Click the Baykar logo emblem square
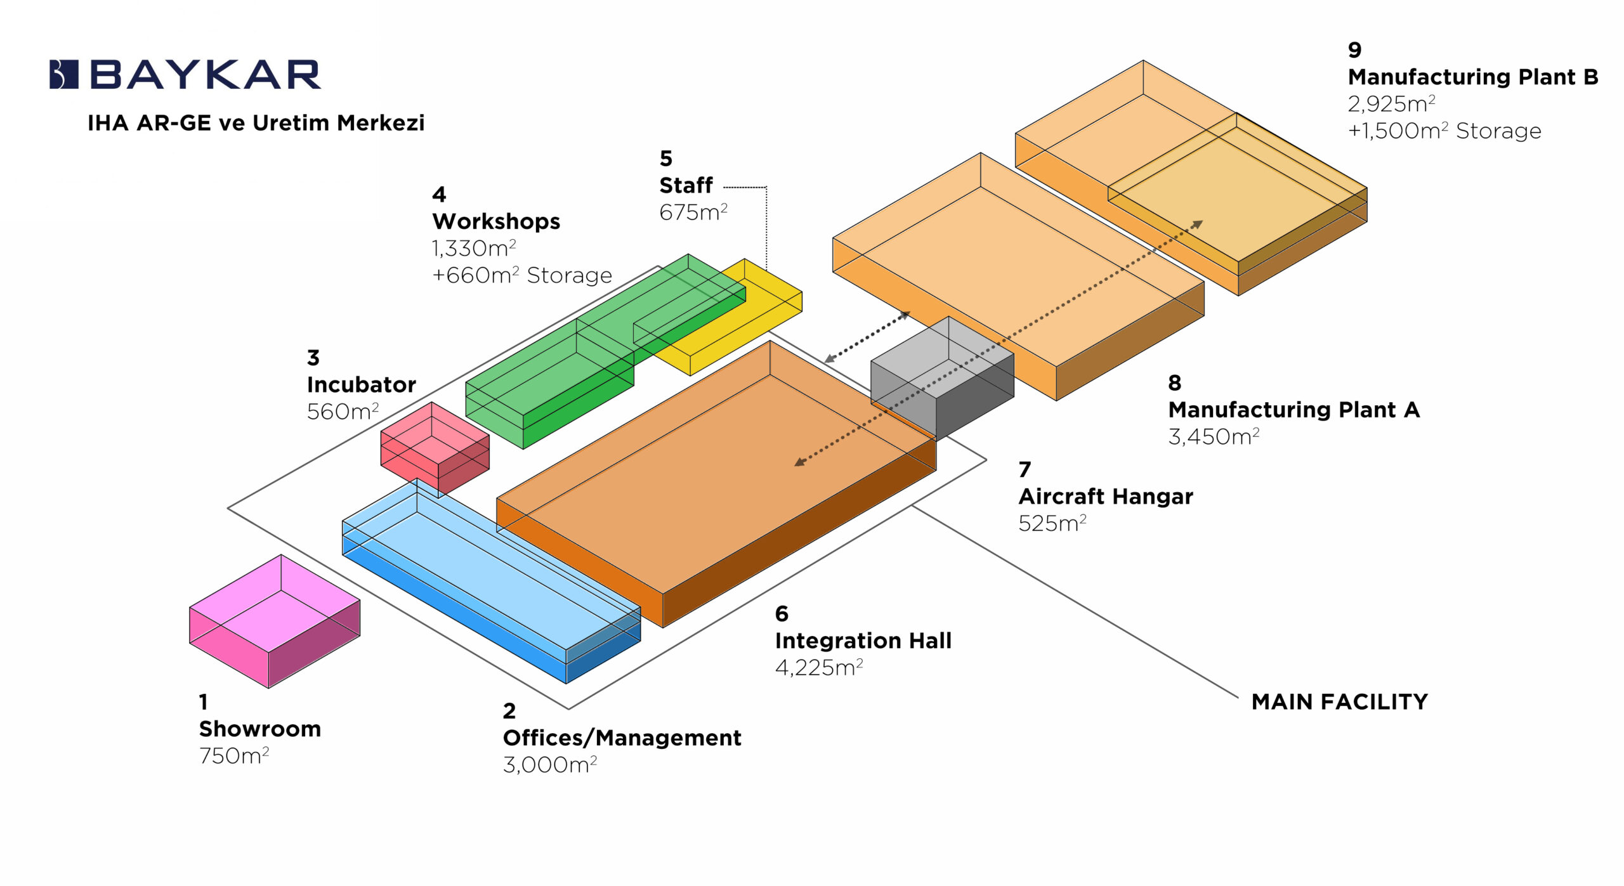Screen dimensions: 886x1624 pyautogui.click(x=63, y=74)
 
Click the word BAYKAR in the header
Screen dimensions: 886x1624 pyautogui.click(x=206, y=75)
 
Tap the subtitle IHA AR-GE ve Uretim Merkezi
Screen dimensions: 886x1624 pyautogui.click(x=256, y=123)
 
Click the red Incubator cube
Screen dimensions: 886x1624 pyautogui.click(x=435, y=448)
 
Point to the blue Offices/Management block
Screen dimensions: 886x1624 pyautogui.click(x=488, y=577)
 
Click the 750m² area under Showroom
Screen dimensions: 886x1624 pyautogui.click(x=234, y=756)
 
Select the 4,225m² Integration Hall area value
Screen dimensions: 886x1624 pyautogui.click(x=818, y=668)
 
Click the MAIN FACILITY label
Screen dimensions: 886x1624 pyautogui.click(x=1339, y=702)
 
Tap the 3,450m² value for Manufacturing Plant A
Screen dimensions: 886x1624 pyautogui.click(x=1214, y=437)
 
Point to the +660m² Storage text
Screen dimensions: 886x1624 pyautogui.click(x=521, y=275)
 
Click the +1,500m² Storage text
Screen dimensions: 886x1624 pyautogui.click(x=1444, y=131)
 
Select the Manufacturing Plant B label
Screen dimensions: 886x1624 pyautogui.click(x=1472, y=77)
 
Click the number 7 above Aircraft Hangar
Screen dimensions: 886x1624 pyautogui.click(x=1025, y=470)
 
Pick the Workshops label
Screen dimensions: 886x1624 pyautogui.click(x=496, y=221)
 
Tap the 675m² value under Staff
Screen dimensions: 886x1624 pyautogui.click(x=693, y=212)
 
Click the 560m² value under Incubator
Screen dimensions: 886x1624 pyautogui.click(x=343, y=412)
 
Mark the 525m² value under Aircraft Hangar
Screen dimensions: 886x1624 pyautogui.click(x=1052, y=523)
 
